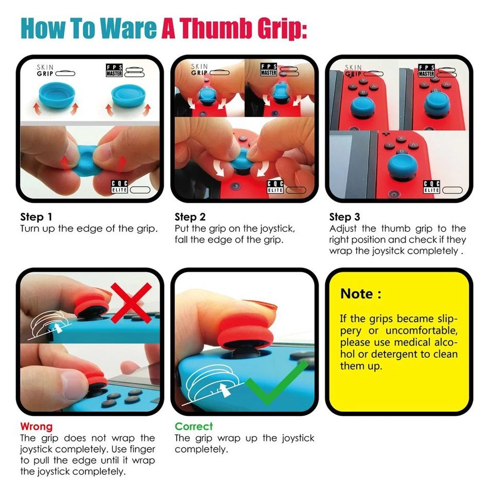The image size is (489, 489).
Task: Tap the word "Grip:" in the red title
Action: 281,29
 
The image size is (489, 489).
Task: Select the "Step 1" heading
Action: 36,216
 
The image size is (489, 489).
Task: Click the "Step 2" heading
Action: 190,216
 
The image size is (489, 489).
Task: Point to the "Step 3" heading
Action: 345,216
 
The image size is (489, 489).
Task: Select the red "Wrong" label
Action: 36,426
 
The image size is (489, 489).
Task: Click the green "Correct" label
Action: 194,426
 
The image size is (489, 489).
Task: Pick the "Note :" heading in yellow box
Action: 361,294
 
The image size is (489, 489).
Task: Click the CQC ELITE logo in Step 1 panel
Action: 119,187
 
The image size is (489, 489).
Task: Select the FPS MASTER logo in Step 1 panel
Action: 114,71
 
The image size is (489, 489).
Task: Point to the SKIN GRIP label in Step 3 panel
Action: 353,71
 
